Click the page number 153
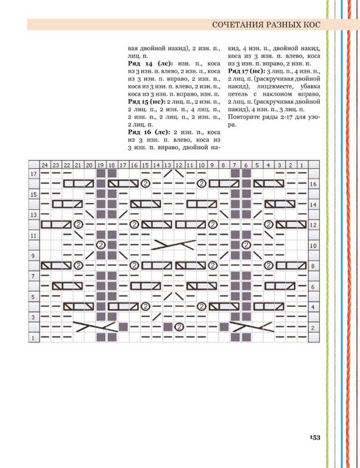[x=314, y=437]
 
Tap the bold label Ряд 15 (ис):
[x=147, y=102]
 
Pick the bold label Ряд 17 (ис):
[x=246, y=72]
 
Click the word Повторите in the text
[x=242, y=117]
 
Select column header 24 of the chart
[x=45, y=165]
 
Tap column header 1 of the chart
[x=302, y=165]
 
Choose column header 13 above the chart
[x=167, y=165]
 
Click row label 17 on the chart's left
[x=33, y=174]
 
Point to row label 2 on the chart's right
[x=312, y=328]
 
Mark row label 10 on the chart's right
[x=312, y=245]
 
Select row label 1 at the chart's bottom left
[x=33, y=338]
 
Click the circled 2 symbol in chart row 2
[x=179, y=327]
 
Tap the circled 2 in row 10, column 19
[x=100, y=245]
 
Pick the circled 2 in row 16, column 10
[x=201, y=183]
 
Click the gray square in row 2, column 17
[x=123, y=327]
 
